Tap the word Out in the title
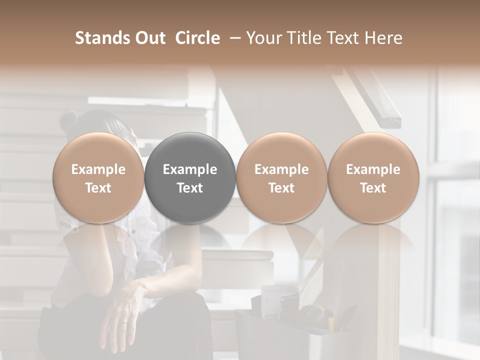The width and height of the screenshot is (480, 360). click(x=149, y=38)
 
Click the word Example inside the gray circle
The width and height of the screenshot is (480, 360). click(x=190, y=169)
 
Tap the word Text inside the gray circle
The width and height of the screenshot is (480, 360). click(x=190, y=188)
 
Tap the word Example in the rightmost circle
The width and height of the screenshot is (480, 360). click(x=373, y=169)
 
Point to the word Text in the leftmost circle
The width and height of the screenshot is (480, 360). click(x=98, y=188)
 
